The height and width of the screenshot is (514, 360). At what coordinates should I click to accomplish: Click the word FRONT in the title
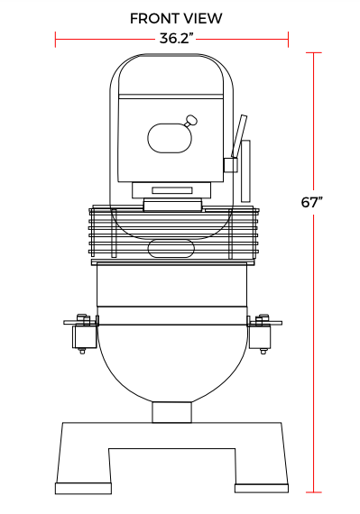pyautogui.click(x=154, y=19)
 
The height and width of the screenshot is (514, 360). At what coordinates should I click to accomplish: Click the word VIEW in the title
pyautogui.click(x=203, y=19)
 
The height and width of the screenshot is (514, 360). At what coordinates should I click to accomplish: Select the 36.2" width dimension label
pyautogui.click(x=176, y=39)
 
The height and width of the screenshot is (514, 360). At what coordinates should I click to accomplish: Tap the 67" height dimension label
pyautogui.click(x=312, y=202)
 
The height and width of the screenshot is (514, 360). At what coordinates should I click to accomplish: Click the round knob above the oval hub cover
pyautogui.click(x=191, y=120)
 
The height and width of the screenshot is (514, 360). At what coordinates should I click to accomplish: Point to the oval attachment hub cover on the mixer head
pyautogui.click(x=170, y=138)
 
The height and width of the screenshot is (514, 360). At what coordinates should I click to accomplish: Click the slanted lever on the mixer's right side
pyautogui.click(x=239, y=136)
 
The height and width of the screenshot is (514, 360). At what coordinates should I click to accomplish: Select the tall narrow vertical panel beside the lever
pyautogui.click(x=245, y=171)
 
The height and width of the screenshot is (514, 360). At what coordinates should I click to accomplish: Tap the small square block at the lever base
pyautogui.click(x=230, y=165)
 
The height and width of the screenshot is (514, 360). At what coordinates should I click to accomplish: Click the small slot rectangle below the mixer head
pyautogui.click(x=172, y=190)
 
